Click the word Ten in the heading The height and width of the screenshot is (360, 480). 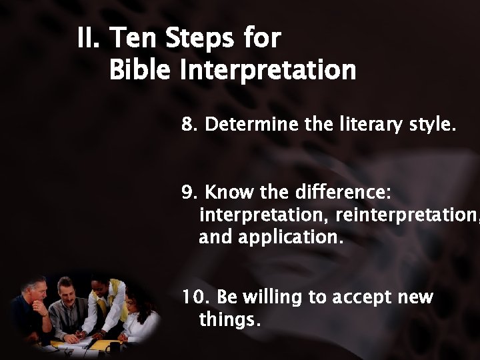coord(135,39)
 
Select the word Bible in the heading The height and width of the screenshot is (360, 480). coord(140,69)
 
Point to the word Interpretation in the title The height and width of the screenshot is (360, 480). coord(267,70)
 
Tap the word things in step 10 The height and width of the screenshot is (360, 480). coord(226,321)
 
